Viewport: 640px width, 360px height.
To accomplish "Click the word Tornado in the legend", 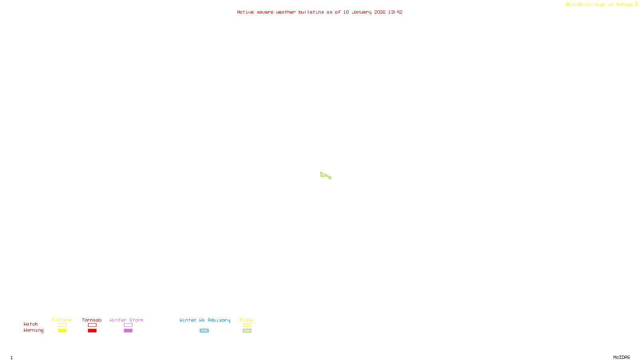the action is (92, 320).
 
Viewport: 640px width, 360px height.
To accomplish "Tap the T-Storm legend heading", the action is (62, 320).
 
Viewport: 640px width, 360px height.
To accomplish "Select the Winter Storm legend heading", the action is (126, 320).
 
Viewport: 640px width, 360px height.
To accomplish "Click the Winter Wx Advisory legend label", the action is (205, 320).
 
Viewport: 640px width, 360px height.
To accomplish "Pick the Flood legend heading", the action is (247, 320).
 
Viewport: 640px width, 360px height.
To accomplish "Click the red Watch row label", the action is (31, 324).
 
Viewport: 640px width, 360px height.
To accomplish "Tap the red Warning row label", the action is (33, 330).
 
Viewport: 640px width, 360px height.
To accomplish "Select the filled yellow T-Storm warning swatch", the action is (62, 331).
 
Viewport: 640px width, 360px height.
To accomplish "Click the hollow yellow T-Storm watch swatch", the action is (62, 325).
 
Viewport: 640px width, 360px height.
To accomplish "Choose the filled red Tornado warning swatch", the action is (92, 331).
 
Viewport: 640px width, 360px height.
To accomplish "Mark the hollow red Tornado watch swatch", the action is (92, 325).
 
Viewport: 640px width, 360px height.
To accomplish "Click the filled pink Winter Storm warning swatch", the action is (128, 331).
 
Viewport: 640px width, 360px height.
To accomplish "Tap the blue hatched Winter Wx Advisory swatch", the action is (204, 331).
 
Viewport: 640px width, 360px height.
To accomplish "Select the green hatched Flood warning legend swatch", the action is (247, 331).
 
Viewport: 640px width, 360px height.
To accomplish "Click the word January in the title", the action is (362, 12).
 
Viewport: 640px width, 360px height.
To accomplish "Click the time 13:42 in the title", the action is (395, 12).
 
